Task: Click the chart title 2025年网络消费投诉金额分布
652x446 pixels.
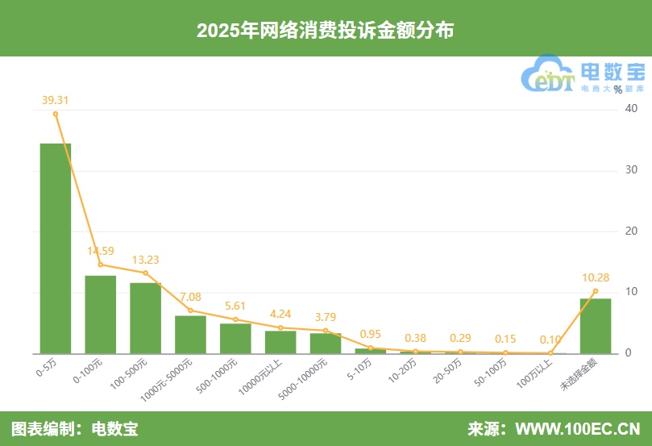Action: [326, 30]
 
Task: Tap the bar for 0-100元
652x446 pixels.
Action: [101, 315]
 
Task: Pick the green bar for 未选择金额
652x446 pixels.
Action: [596, 326]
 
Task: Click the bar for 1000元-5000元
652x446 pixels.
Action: [190, 334]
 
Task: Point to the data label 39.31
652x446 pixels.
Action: [56, 100]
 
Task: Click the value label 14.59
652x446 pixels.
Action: [101, 251]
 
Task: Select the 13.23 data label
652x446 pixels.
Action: [146, 260]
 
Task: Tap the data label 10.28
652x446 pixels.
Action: [596, 277]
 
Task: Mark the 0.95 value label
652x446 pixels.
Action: [371, 334]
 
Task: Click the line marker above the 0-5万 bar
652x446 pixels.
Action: [56, 114]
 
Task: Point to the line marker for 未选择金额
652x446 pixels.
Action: [596, 290]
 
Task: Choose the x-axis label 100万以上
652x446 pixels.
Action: [536, 373]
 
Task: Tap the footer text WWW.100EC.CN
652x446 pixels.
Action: [577, 428]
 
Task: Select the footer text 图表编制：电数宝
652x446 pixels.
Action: [74, 428]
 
